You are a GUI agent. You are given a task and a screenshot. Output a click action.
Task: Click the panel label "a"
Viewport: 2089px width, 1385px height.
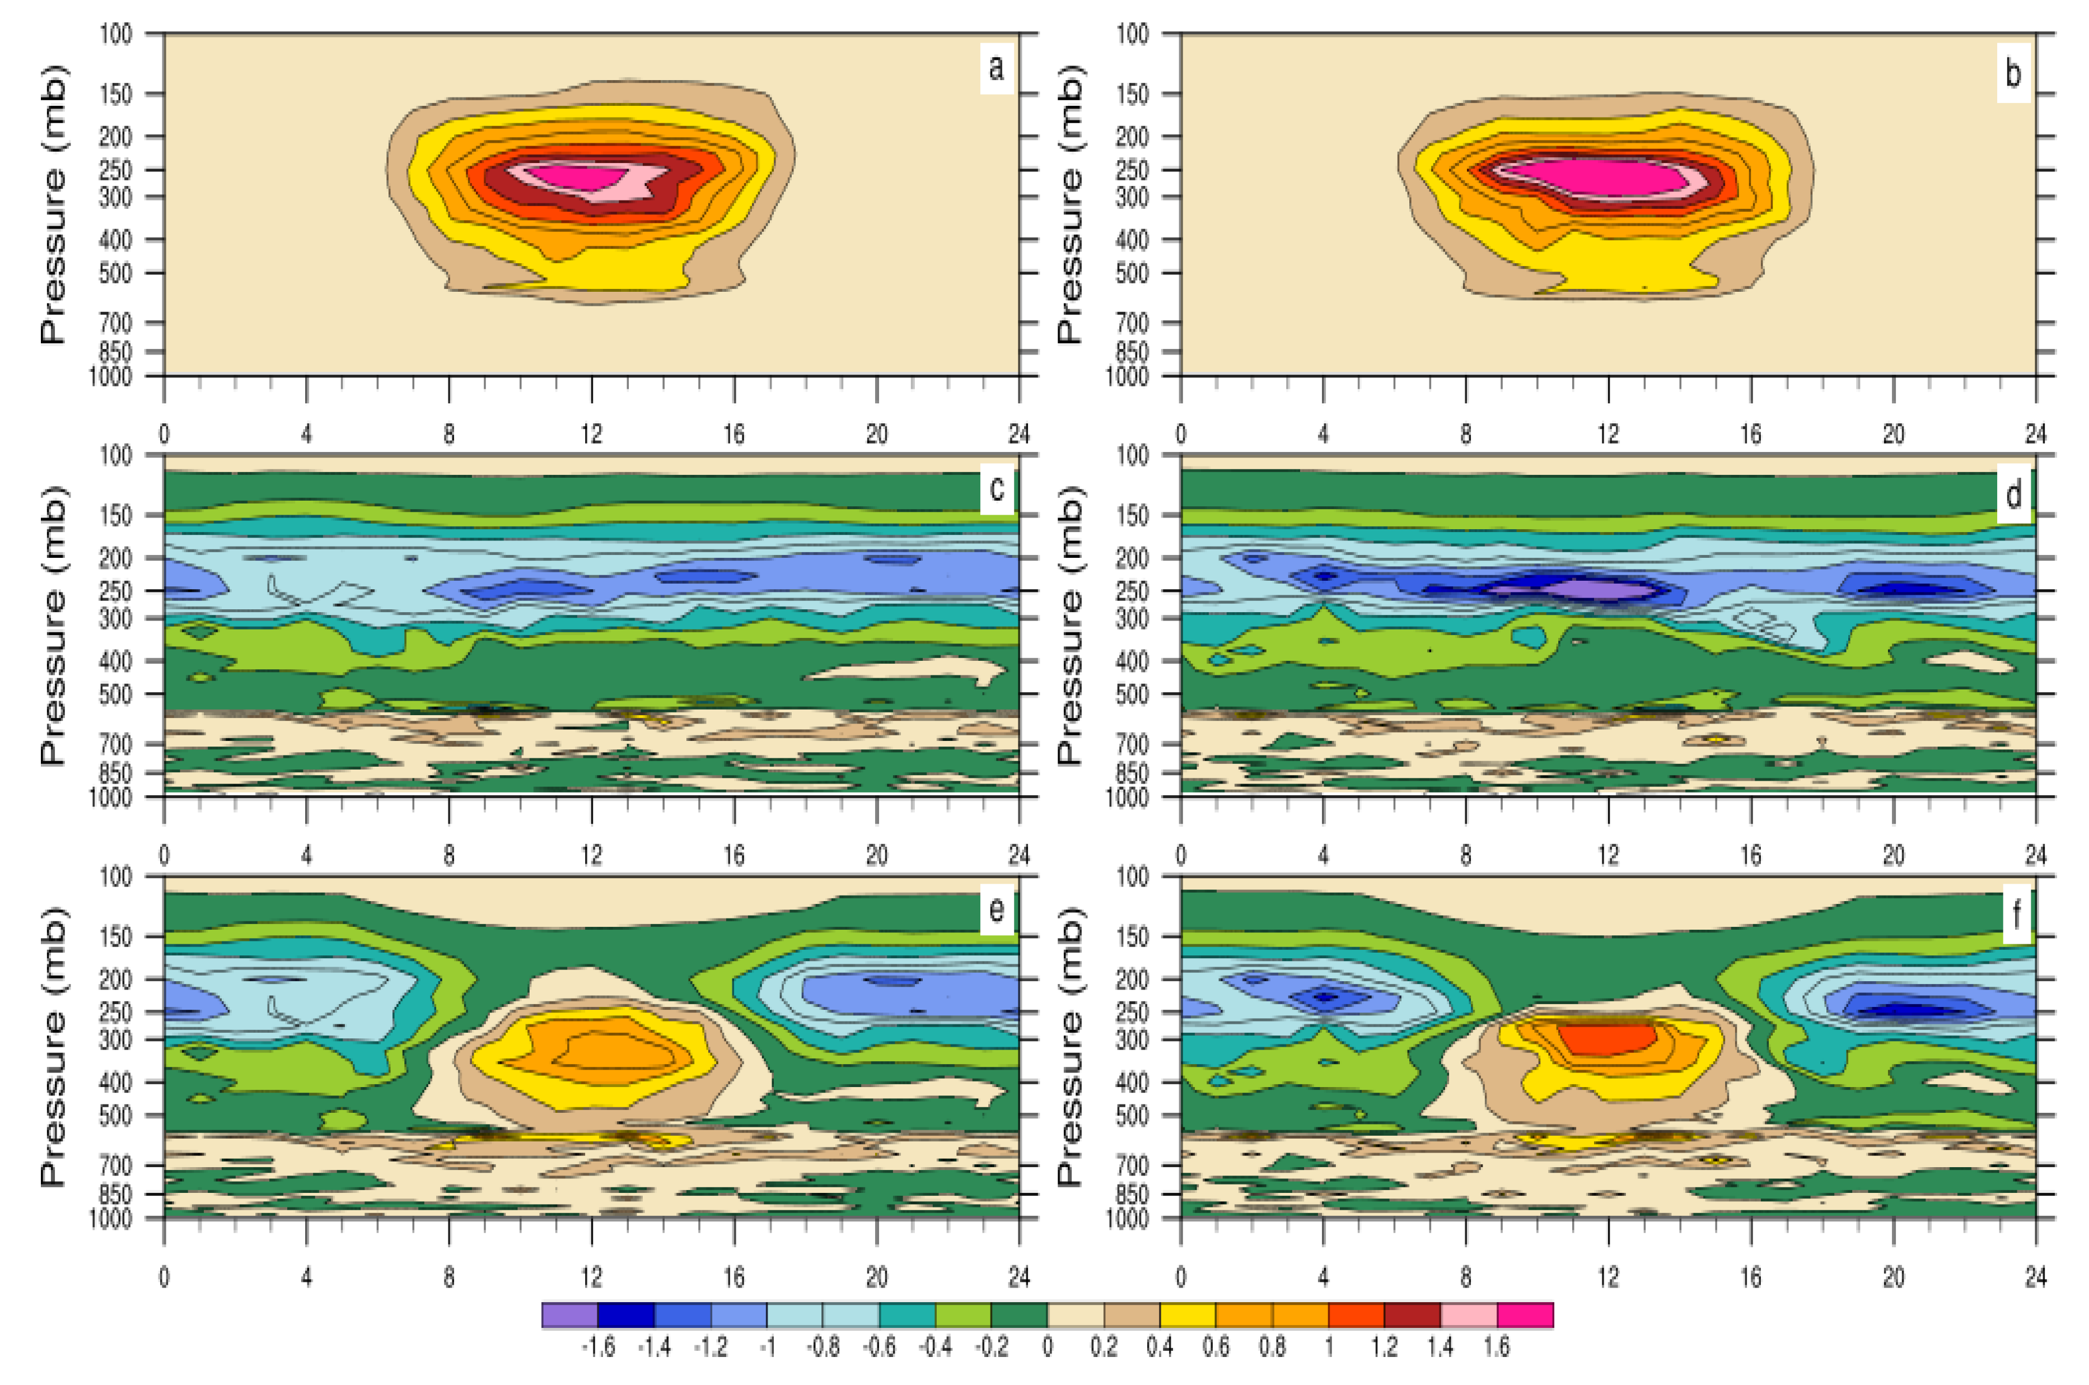pos(996,67)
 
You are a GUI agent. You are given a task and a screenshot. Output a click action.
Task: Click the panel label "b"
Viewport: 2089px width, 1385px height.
pos(2012,72)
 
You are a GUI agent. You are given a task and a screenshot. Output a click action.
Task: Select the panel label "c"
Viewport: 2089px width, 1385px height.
pos(996,488)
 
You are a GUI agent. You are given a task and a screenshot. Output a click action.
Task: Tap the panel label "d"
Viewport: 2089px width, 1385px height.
pos(2013,494)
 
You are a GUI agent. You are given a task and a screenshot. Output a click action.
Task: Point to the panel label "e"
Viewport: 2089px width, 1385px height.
pos(996,910)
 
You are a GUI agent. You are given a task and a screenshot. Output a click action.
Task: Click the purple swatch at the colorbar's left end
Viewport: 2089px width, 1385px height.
pos(569,1314)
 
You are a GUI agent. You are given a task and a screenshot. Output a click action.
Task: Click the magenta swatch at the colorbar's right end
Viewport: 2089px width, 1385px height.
pos(1525,1314)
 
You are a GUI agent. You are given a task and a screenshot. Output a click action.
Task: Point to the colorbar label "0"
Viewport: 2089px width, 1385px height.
pos(1047,1347)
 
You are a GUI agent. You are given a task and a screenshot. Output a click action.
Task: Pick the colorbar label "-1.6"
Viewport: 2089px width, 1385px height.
pos(598,1347)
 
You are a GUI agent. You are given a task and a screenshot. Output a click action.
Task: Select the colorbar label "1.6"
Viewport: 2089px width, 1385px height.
pos(1497,1347)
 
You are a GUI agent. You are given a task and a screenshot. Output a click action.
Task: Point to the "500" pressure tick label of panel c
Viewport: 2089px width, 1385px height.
pos(115,694)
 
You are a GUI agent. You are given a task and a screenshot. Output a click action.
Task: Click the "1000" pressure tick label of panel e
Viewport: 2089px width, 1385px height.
pos(110,1218)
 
